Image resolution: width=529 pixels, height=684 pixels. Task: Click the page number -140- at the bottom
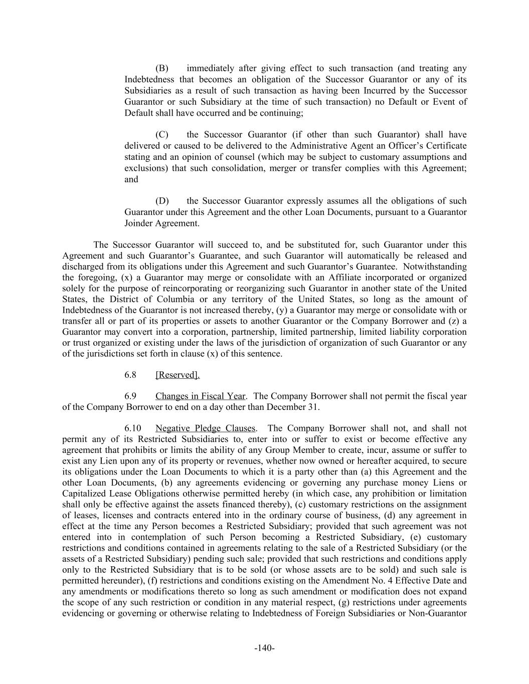(264, 648)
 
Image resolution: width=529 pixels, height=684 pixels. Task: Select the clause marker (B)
(161, 68)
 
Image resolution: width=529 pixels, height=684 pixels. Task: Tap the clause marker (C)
(161, 134)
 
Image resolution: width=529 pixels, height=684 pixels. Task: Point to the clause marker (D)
(162, 201)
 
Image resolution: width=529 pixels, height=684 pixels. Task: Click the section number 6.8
(130, 375)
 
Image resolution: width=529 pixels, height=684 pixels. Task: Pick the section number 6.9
(130, 396)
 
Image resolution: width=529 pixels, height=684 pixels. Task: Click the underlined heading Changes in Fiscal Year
(200, 396)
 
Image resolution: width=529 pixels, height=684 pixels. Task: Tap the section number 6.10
(133, 428)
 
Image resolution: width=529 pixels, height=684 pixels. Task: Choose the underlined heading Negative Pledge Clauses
(205, 428)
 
